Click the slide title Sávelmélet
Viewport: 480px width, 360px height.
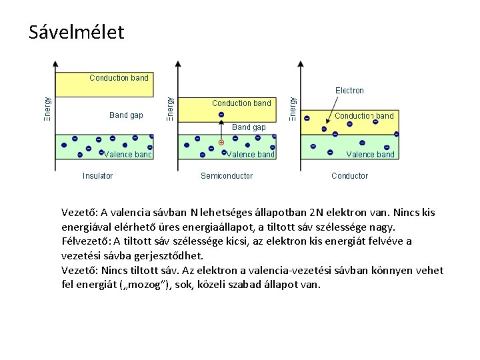click(77, 32)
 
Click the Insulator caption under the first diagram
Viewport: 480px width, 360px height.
click(97, 176)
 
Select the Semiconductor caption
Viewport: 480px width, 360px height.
click(227, 176)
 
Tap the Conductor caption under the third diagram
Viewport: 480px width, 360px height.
click(349, 176)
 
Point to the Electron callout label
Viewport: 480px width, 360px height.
click(349, 91)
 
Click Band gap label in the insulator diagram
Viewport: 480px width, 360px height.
click(126, 115)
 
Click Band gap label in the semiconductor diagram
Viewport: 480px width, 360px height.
click(249, 127)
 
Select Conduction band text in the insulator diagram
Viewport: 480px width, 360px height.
click(119, 78)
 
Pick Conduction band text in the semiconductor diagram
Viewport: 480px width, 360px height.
click(241, 103)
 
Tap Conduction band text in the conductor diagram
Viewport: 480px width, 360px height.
click(364, 116)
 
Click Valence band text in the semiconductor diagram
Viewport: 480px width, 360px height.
click(251, 155)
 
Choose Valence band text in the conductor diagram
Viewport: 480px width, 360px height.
click(370, 155)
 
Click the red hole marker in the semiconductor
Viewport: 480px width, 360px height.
click(221, 143)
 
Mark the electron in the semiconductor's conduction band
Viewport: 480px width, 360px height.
click(221, 115)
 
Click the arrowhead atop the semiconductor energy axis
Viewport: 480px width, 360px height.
click(177, 65)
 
